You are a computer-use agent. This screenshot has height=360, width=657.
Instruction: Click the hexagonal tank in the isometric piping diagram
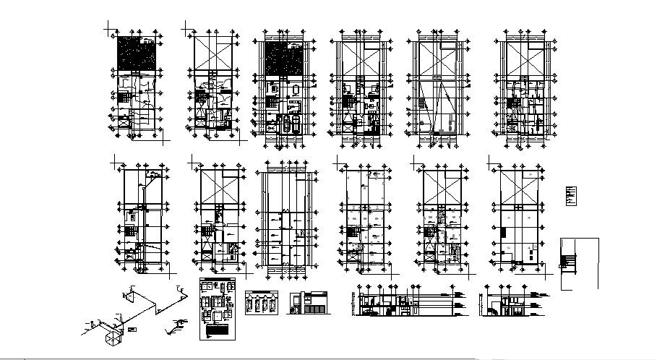pyautogui.click(x=113, y=334)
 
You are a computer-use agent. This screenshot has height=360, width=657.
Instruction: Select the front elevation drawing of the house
pyautogui.click(x=309, y=303)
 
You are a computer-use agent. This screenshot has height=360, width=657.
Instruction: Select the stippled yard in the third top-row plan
pyautogui.click(x=284, y=56)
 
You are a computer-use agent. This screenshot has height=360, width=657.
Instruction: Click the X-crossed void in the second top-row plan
pyautogui.click(x=215, y=54)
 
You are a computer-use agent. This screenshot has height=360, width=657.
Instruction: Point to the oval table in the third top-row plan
pyautogui.click(x=296, y=90)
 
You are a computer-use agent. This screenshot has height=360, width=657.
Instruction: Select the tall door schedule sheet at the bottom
pyautogui.click(x=217, y=309)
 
